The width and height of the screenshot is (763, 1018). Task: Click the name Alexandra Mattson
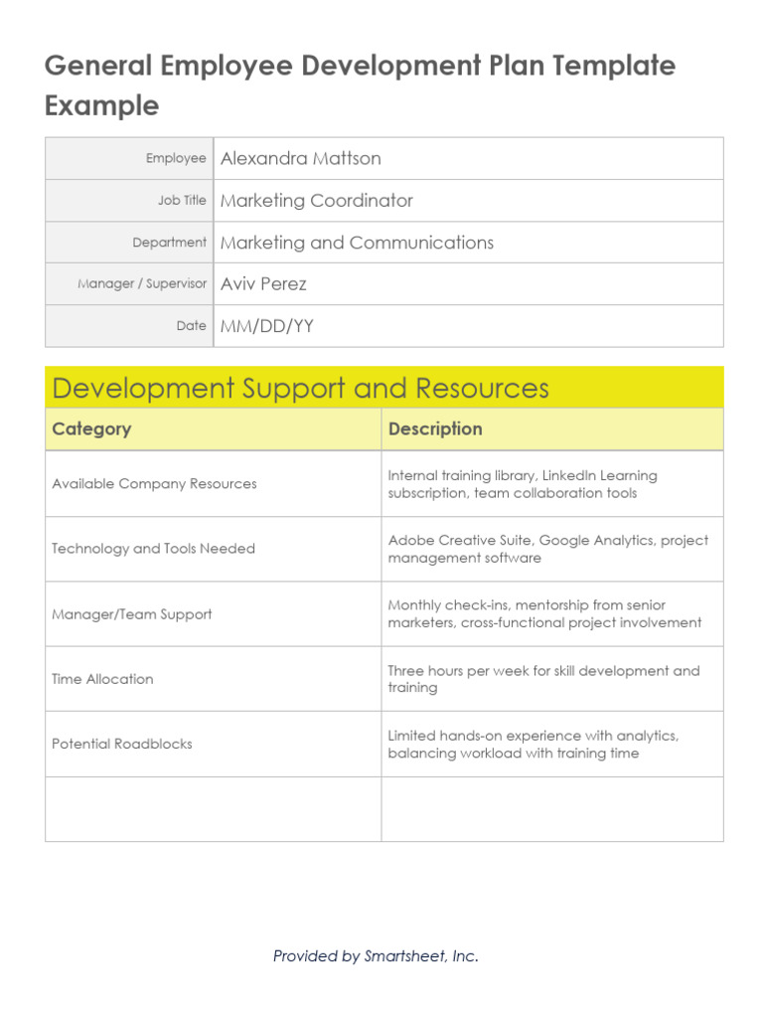300,158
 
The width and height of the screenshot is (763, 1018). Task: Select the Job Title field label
182,200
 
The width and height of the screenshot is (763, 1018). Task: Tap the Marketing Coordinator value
316,200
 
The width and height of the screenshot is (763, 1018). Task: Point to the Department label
169,242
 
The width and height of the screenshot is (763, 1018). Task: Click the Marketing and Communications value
357,243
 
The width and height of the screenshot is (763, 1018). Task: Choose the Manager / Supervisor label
142,283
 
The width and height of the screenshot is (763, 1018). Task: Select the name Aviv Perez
263,283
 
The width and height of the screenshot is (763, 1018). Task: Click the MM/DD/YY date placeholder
266,326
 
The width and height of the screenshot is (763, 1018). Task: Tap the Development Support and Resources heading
300,388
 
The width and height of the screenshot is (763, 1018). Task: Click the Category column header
91,429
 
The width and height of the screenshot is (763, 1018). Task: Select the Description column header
435,429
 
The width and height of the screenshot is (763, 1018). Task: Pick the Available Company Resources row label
154,484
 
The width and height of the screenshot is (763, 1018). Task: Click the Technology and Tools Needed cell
153,549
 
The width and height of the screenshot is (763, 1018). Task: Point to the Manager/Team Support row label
131,614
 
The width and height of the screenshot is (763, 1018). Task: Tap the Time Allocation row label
102,679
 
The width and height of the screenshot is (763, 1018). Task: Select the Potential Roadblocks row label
122,744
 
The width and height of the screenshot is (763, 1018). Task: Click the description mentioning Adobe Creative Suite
547,549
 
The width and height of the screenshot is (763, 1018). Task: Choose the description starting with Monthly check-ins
544,614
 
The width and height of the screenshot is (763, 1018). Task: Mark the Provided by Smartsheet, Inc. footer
376,956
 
